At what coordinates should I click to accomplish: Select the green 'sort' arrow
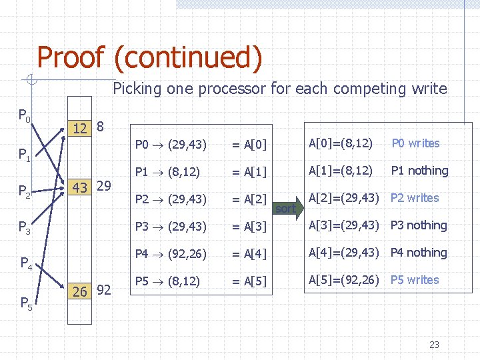(286, 209)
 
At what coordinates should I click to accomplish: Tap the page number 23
(434, 345)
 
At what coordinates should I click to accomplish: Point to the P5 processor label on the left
(25, 304)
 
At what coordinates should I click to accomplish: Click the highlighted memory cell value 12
(80, 128)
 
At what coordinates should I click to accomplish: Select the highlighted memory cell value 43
(80, 188)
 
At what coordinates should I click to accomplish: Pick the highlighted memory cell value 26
(80, 291)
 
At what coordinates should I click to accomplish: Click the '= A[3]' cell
(249, 227)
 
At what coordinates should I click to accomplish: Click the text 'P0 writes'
(415, 143)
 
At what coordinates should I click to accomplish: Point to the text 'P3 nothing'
(418, 225)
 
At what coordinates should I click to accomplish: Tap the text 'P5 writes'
(415, 280)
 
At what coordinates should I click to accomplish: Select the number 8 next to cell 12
(100, 127)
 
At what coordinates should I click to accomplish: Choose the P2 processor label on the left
(24, 193)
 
